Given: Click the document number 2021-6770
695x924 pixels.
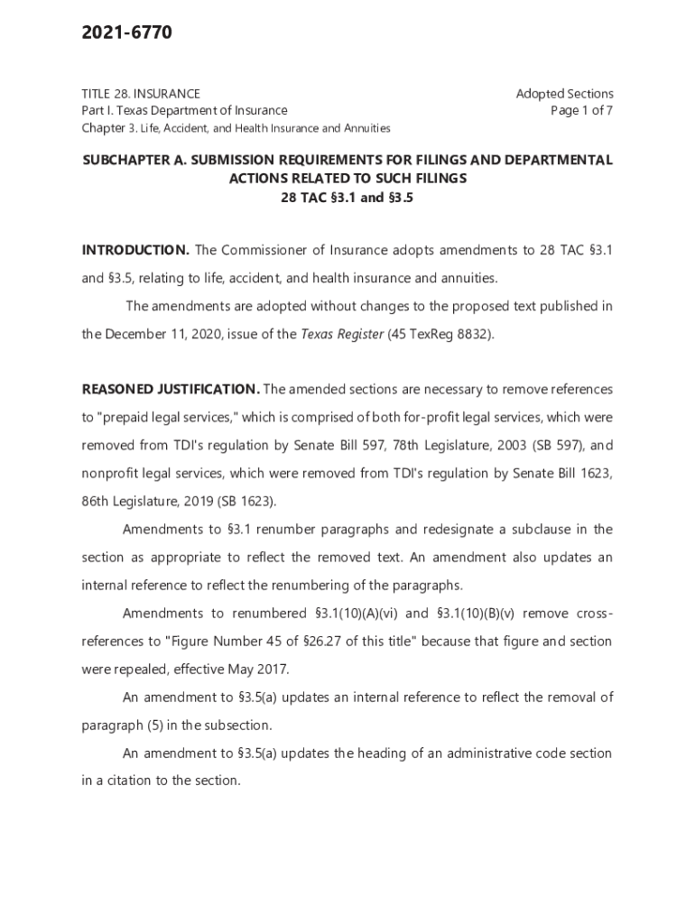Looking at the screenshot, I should pos(126,33).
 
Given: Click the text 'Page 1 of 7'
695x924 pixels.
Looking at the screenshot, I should pos(581,111).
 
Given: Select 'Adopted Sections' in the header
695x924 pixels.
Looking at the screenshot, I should pos(564,94).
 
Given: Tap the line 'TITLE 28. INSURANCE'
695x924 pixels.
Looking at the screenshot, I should pos(142,94).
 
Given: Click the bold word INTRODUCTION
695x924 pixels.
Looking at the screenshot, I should pos(135,250).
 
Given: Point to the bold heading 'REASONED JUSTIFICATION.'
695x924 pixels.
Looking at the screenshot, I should pos(171,389).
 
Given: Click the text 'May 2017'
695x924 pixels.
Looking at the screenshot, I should pos(262,670).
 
